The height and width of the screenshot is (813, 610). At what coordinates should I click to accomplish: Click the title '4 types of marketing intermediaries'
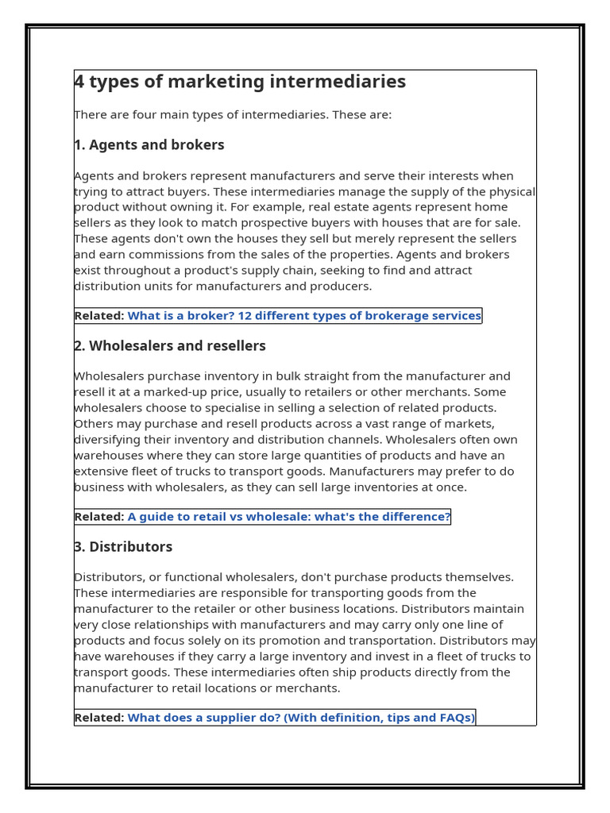tap(240, 82)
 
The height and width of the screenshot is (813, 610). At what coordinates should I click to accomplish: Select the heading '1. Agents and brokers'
tap(149, 144)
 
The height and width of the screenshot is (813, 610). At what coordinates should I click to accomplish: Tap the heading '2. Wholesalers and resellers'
tap(170, 345)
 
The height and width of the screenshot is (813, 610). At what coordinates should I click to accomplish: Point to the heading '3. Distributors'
tap(123, 546)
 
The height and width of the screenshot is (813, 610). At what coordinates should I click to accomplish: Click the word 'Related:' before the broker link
tap(99, 315)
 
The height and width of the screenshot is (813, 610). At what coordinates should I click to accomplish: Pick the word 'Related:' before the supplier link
tap(99, 717)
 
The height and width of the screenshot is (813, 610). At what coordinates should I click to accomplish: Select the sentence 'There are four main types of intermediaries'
tap(233, 114)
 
